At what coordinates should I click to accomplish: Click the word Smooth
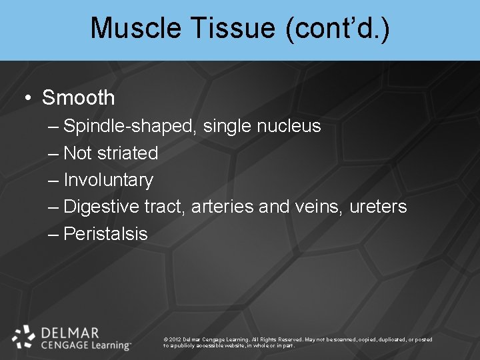[78, 98]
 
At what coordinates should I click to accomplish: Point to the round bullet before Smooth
[27, 99]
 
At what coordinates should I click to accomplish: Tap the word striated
[127, 153]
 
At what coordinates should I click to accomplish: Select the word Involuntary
[108, 180]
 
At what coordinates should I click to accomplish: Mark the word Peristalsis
[105, 234]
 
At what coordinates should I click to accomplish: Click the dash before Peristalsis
[53, 234]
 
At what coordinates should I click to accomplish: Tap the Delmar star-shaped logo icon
[24, 337]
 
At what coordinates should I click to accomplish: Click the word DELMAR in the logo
[70, 332]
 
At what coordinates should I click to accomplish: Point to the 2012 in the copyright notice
[175, 339]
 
